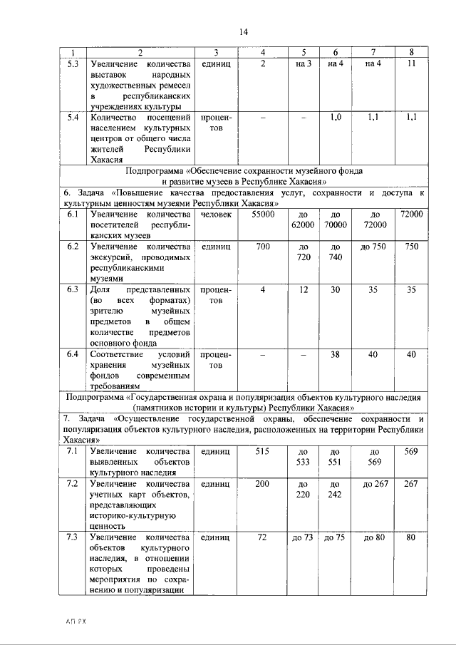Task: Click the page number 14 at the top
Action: point(243,32)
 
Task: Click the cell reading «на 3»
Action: point(303,63)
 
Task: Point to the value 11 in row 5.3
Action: point(411,63)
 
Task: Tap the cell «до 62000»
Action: point(303,220)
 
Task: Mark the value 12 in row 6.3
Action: point(303,290)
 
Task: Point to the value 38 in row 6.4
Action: point(336,354)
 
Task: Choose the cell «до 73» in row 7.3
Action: point(303,537)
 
